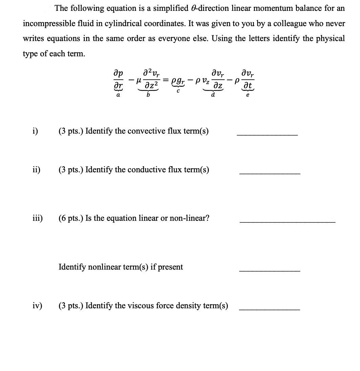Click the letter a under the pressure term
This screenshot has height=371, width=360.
pyautogui.click(x=118, y=96)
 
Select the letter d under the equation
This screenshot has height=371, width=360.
pyautogui.click(x=213, y=95)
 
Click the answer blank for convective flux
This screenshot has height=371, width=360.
pyautogui.click(x=267, y=135)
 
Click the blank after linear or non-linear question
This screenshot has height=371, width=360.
pyautogui.click(x=287, y=222)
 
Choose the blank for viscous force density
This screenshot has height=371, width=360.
pyautogui.click(x=269, y=309)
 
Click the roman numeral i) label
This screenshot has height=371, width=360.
pyautogui.click(x=35, y=131)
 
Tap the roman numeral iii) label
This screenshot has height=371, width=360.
pyautogui.click(x=37, y=218)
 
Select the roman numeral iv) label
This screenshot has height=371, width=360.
pyautogui.click(x=37, y=306)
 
